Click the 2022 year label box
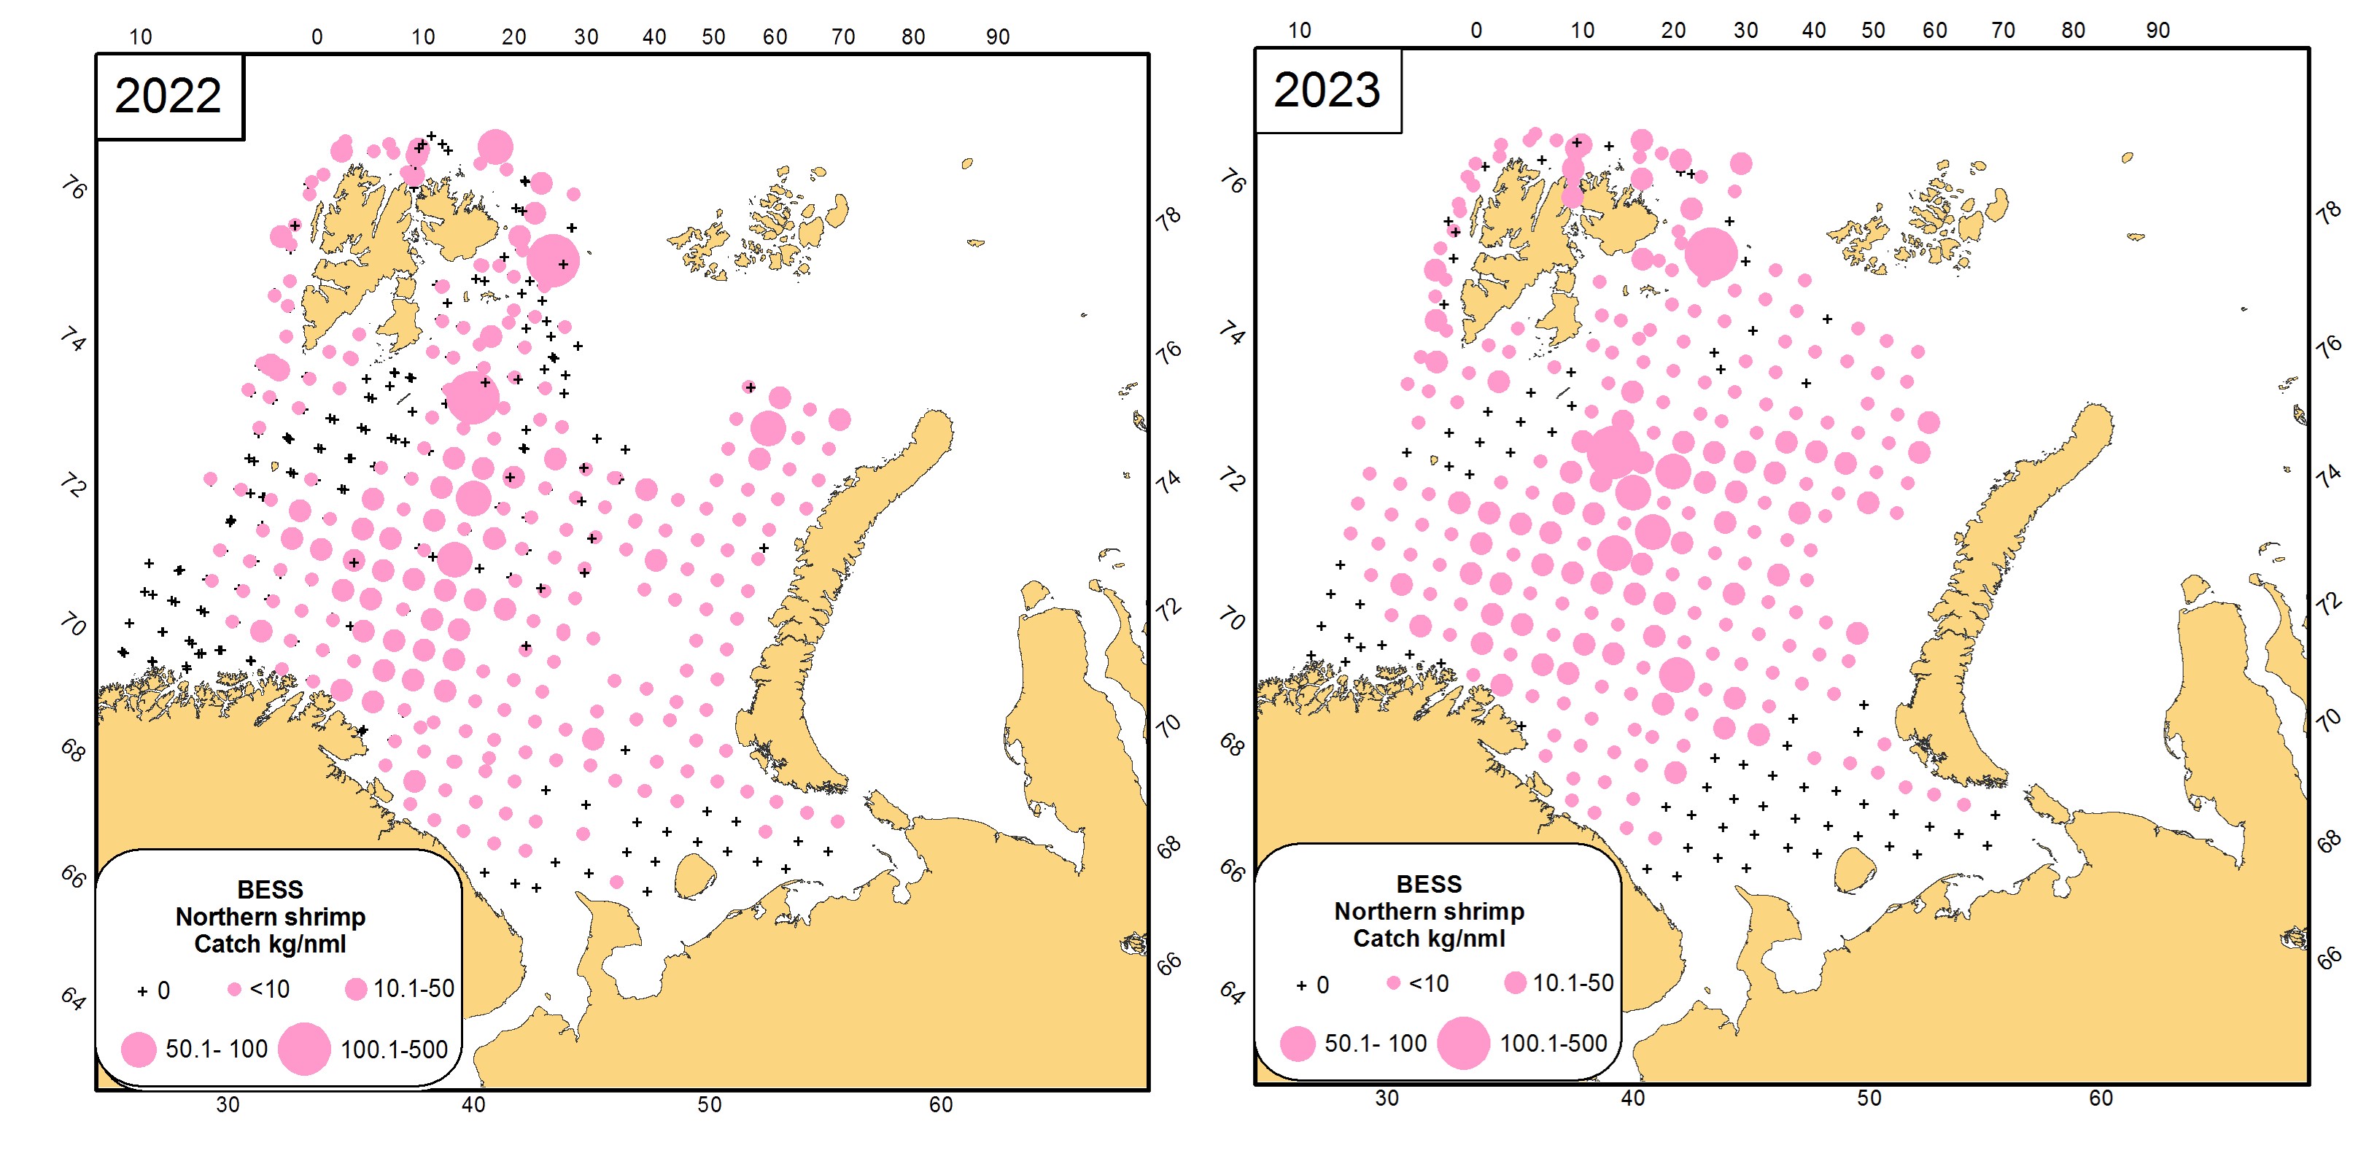169,97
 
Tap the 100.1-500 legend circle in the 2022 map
304,1048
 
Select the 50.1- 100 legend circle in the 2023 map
1298,1044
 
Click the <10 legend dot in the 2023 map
1393,983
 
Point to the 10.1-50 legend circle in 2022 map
355,989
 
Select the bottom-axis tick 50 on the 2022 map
709,1104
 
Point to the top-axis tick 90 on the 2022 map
998,37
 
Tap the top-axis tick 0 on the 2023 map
1476,31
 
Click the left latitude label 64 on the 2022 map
73,998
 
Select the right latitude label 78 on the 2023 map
2329,212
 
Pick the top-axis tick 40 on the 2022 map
654,37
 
